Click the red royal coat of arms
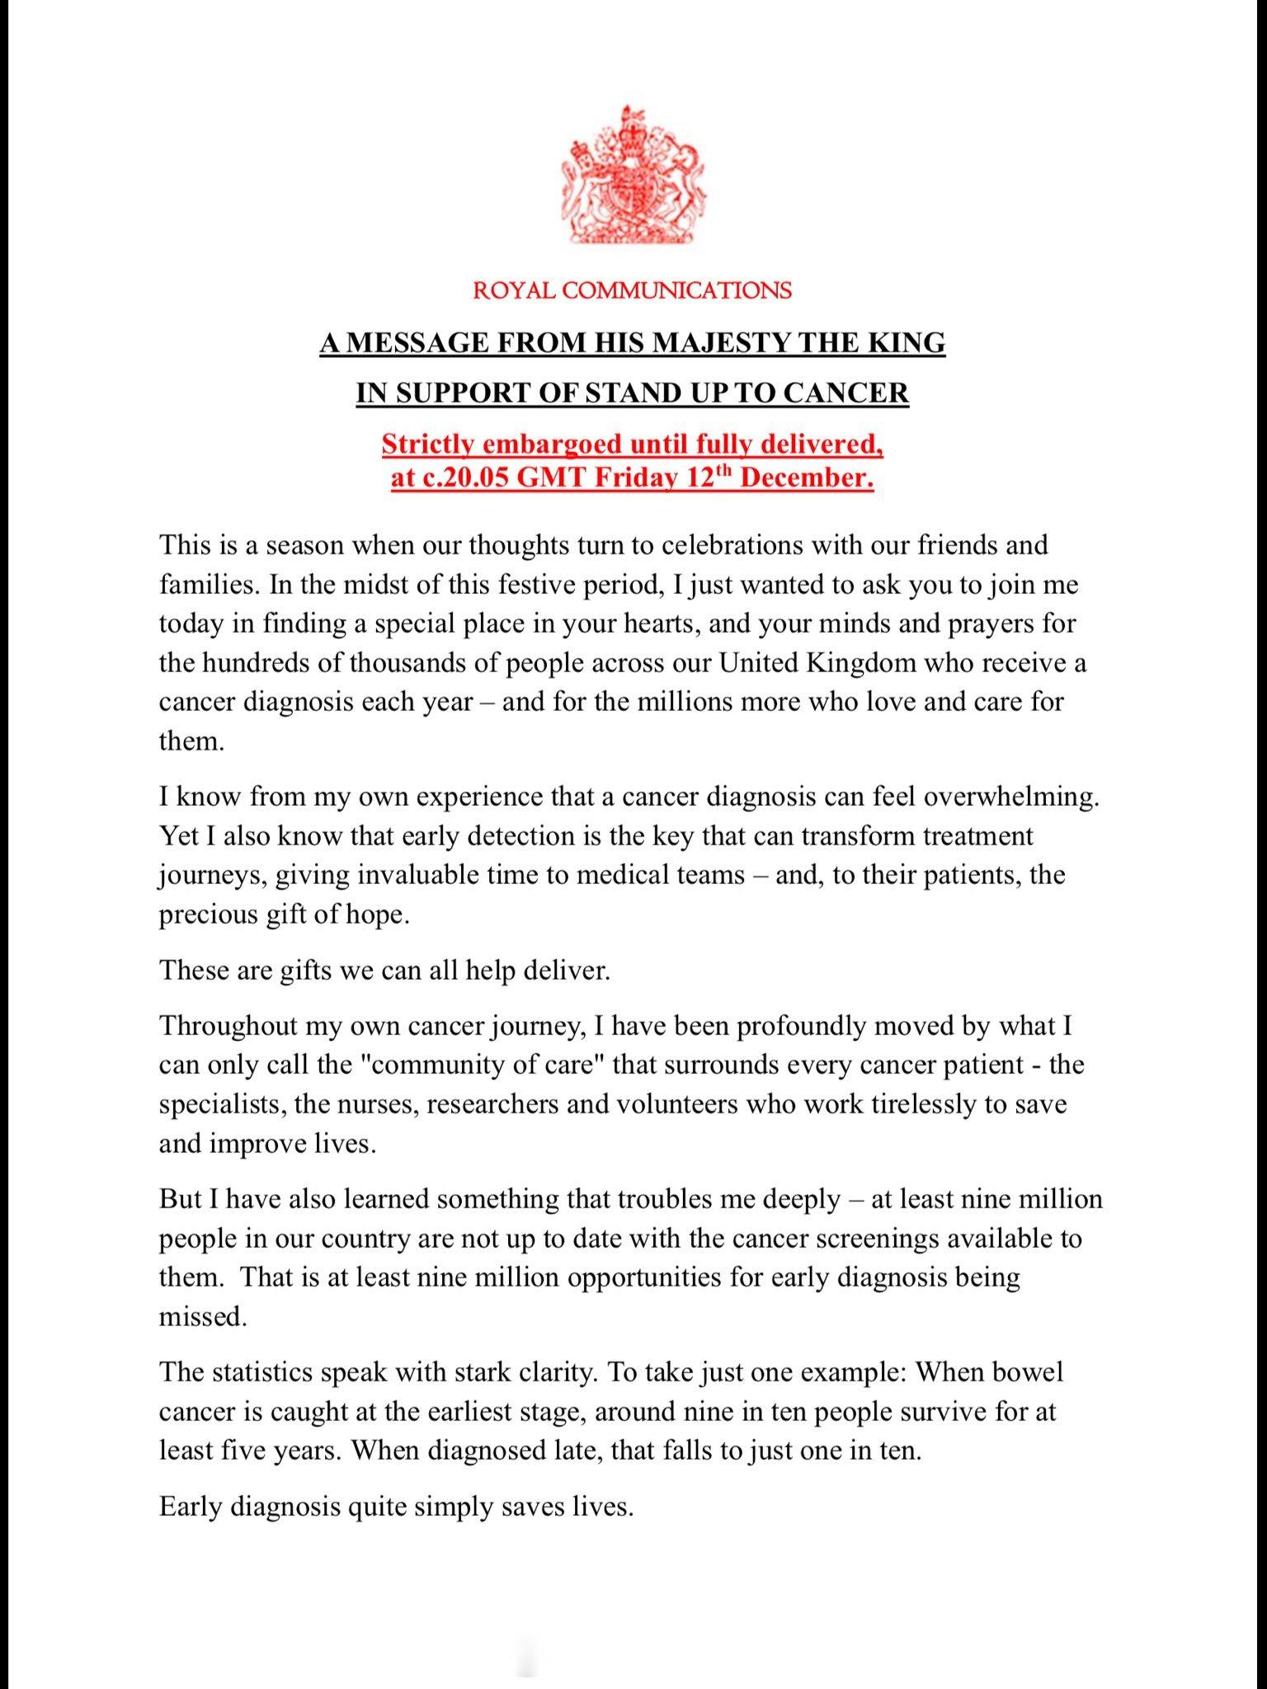tap(633, 175)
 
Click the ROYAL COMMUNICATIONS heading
tap(633, 290)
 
